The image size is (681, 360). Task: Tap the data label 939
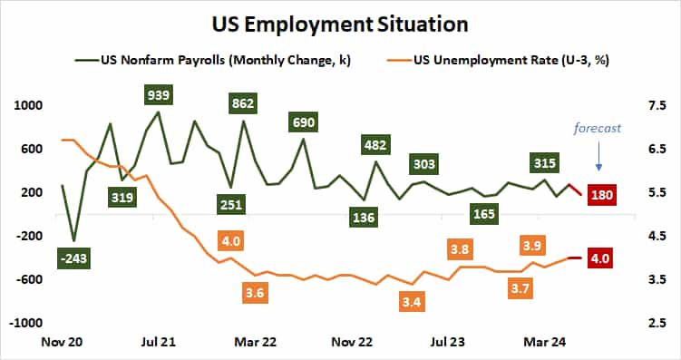(x=159, y=94)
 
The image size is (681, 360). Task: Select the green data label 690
(x=304, y=122)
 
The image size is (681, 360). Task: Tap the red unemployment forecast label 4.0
(x=602, y=258)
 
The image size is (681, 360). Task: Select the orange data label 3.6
(x=255, y=293)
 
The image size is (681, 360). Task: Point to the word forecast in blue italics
(x=598, y=128)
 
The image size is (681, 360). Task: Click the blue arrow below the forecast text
(x=598, y=160)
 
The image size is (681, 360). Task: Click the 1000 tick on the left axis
(x=30, y=105)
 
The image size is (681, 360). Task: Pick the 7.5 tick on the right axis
(x=652, y=105)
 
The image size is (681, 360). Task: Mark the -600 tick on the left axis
(x=30, y=279)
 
